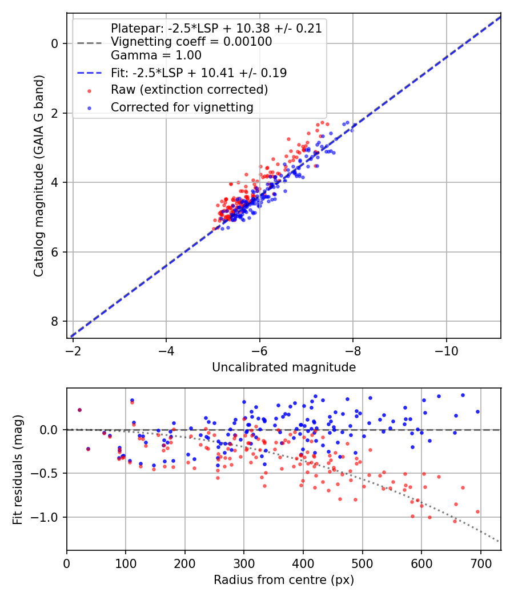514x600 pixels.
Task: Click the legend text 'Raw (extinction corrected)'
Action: coord(189,90)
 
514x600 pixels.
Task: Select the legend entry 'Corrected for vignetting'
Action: coord(182,107)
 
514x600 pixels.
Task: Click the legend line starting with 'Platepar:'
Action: coord(216,28)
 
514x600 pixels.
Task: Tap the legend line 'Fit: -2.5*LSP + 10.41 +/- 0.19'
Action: coord(199,73)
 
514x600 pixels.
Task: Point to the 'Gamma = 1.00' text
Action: coord(156,55)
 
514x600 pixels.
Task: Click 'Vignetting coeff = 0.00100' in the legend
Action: coord(191,42)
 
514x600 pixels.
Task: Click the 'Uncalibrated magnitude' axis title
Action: coord(284,367)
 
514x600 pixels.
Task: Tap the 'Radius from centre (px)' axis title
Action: coord(284,580)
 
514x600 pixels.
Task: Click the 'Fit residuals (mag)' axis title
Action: coord(18,469)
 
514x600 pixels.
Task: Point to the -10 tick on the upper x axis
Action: coord(446,349)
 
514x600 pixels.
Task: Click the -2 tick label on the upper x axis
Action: coord(73,349)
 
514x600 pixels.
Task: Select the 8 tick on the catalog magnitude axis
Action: coord(55,322)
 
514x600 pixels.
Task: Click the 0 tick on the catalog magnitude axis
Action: coord(55,43)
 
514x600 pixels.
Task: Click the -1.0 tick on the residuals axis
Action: coord(48,517)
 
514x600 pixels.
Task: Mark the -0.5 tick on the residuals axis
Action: coord(48,473)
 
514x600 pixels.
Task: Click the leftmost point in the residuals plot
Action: coord(79,410)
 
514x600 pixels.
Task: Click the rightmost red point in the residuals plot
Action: coord(477,511)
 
